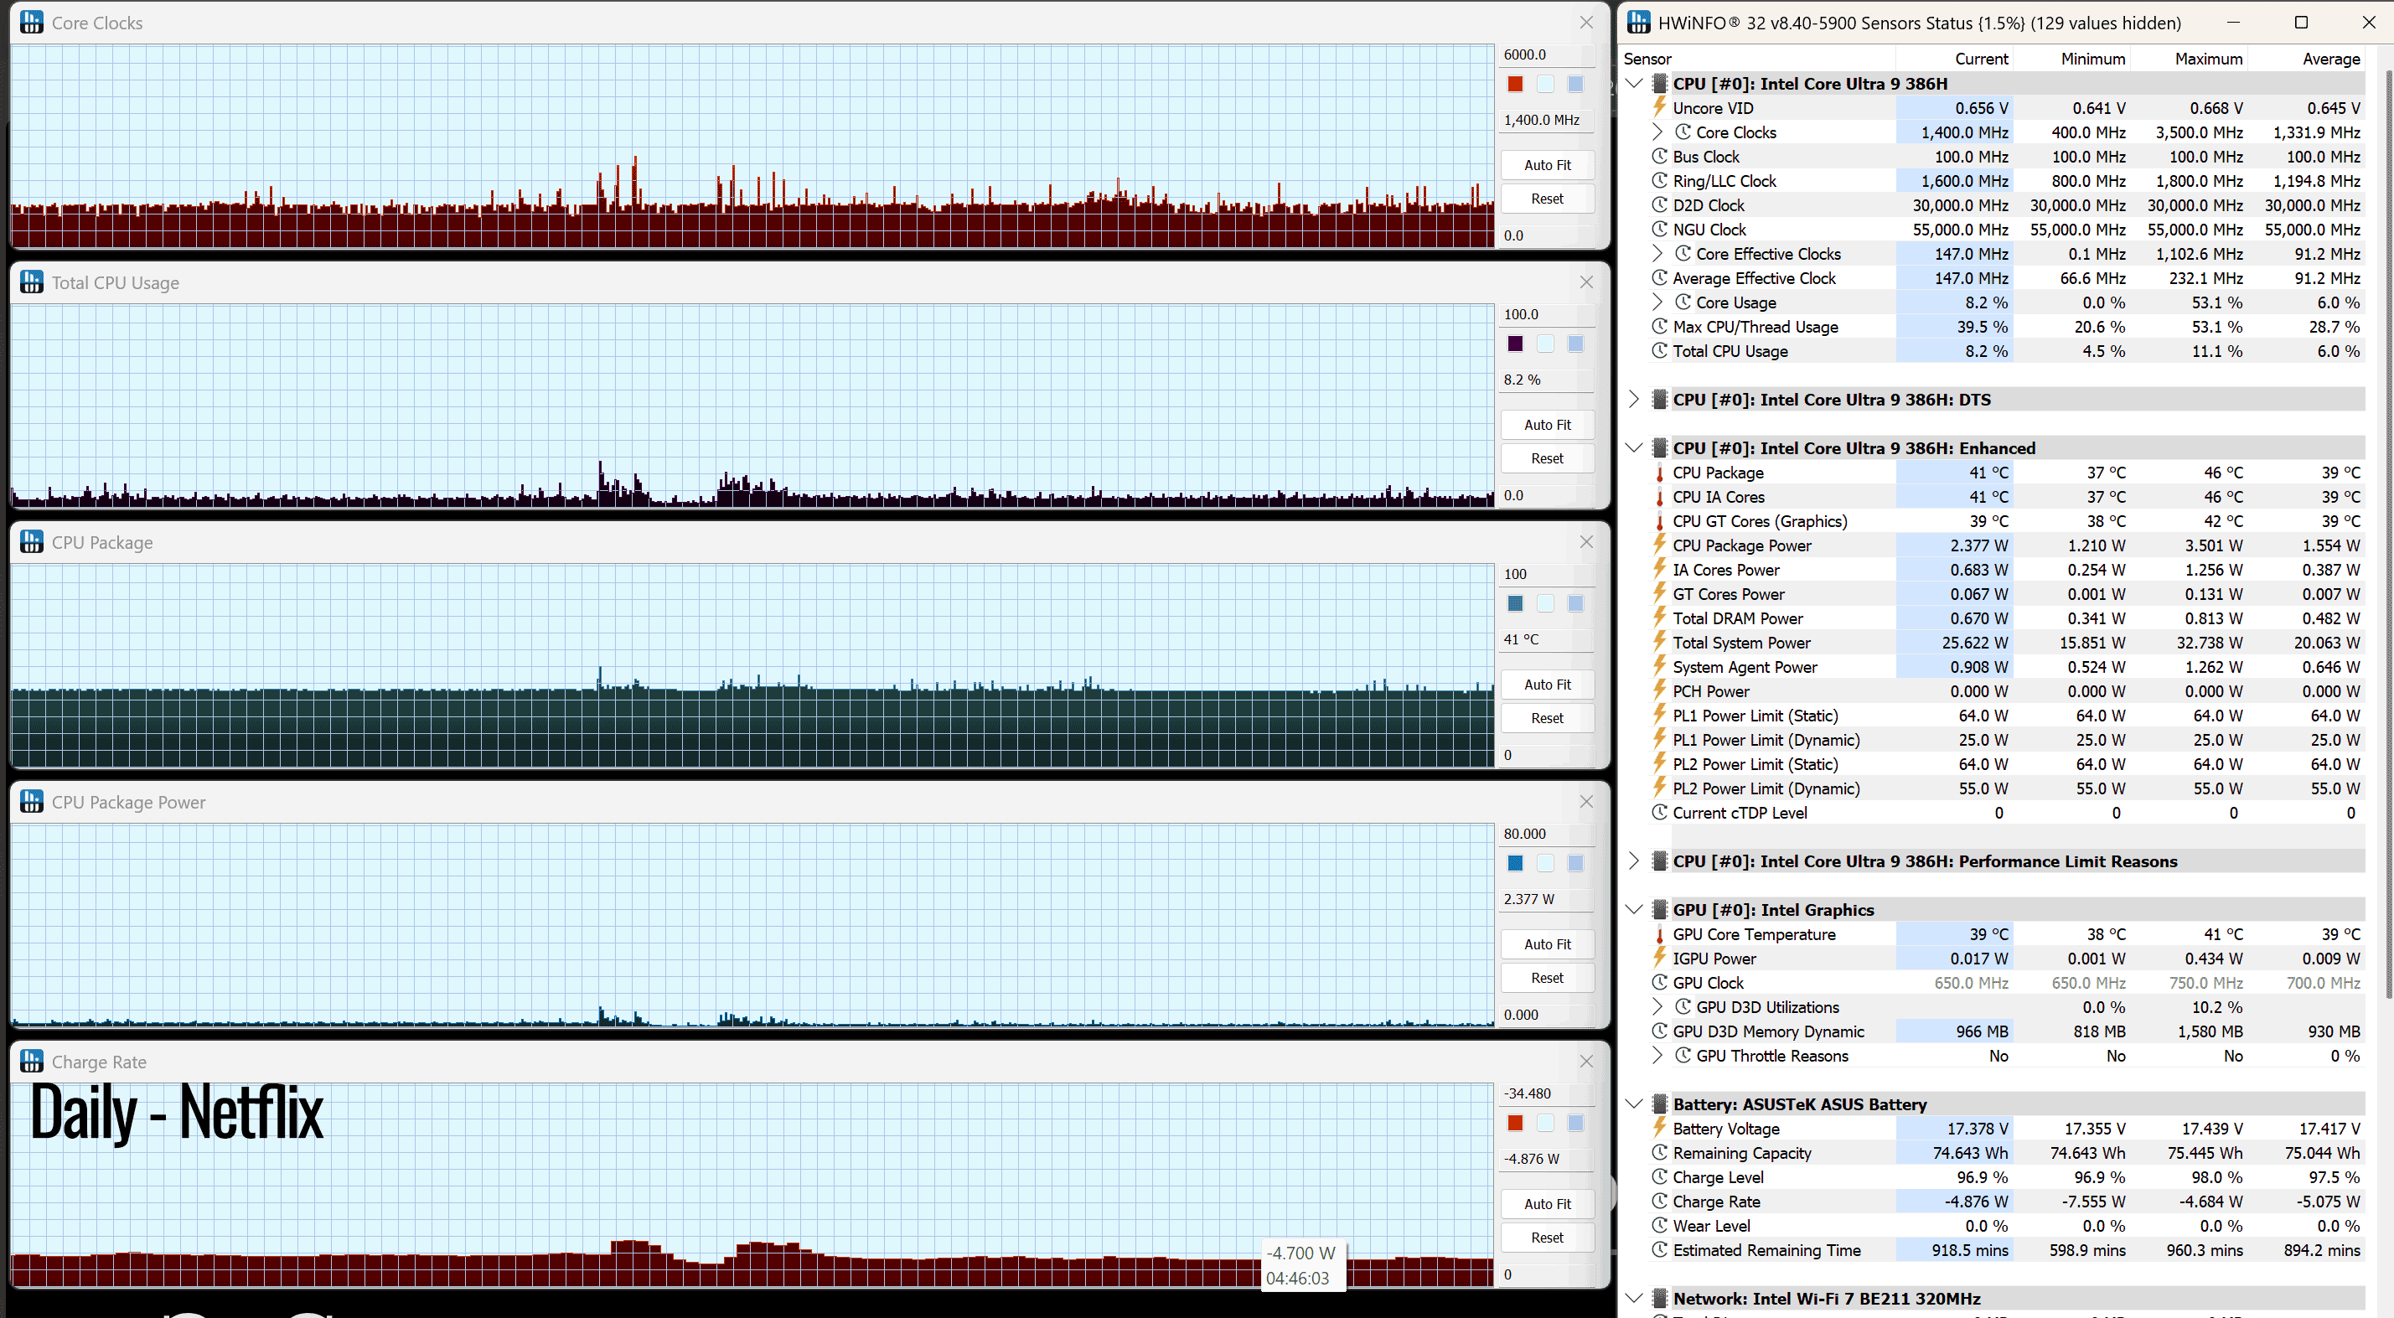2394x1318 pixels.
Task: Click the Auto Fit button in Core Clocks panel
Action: pos(1548,164)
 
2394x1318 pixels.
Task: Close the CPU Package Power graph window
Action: pos(1586,801)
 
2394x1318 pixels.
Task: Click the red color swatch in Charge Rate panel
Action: pos(1515,1123)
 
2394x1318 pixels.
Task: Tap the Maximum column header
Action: pos(2208,59)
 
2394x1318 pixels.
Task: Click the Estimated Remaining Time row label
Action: pos(1766,1250)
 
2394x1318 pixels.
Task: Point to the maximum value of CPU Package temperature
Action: pos(2223,473)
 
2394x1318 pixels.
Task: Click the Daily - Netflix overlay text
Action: pos(177,1112)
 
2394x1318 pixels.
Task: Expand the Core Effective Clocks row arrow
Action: pos(1657,254)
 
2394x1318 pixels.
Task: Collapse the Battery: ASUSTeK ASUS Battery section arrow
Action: pos(1634,1104)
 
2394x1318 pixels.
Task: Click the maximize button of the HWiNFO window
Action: pos(2301,23)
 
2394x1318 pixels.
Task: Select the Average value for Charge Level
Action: pos(2334,1176)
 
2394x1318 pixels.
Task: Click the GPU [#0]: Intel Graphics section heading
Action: pos(1772,910)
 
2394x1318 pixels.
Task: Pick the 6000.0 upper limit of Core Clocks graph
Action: pos(1525,54)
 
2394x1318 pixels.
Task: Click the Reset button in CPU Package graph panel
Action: pos(1548,717)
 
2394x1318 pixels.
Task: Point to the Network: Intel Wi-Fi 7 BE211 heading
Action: pos(1826,1299)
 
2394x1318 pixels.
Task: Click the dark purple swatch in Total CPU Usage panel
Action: pos(1515,344)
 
